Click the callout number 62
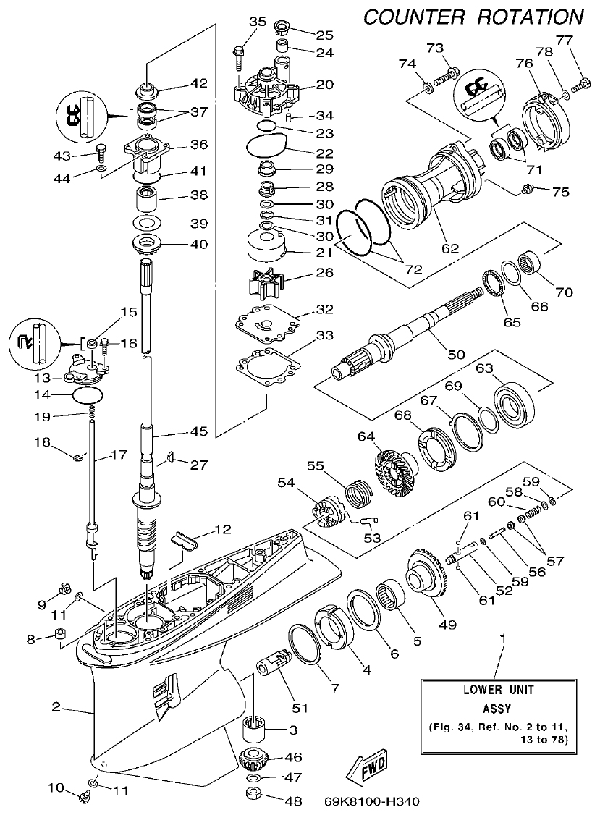(x=449, y=248)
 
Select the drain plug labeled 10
(x=83, y=798)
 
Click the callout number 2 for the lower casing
(x=56, y=706)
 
